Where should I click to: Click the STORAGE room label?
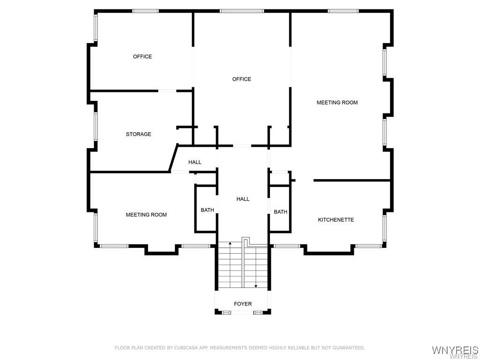[138, 134]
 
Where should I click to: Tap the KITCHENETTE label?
[336, 220]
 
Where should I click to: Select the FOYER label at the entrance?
[243, 304]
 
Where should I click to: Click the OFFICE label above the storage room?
[142, 57]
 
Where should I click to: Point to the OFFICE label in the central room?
[241, 79]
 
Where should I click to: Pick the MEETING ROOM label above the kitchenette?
[337, 103]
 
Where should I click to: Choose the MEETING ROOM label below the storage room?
[146, 215]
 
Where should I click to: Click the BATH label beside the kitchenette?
[280, 212]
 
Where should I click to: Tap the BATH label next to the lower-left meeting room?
[207, 210]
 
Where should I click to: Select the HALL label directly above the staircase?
[243, 199]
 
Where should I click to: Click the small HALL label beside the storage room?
[195, 162]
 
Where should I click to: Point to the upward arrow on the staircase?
[230, 244]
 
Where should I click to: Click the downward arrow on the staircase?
[255, 285]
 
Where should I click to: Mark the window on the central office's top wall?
[241, 11]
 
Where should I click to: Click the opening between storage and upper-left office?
[167, 90]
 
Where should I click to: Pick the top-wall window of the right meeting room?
[343, 11]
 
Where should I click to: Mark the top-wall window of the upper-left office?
[145, 11]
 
